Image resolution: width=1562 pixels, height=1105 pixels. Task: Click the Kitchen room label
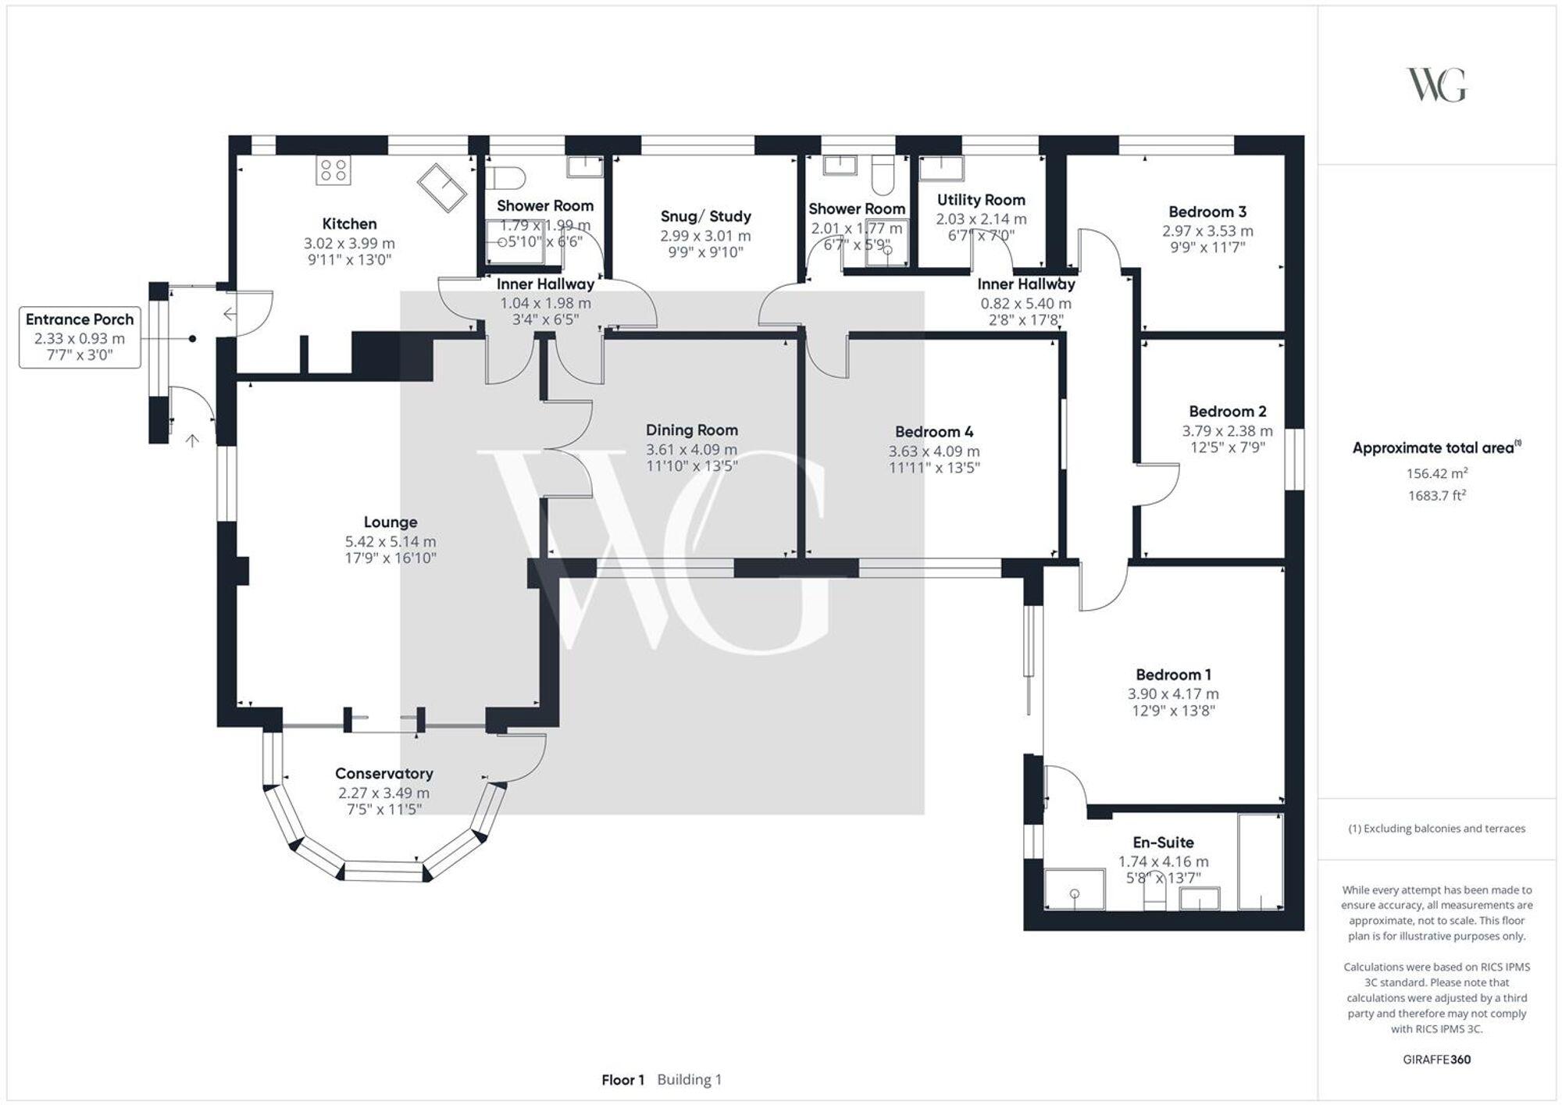coord(349,224)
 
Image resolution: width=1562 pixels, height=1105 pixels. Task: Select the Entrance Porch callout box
coord(80,337)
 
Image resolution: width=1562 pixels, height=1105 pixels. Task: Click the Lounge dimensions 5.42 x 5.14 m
coord(390,541)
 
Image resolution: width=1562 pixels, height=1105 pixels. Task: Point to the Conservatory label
coord(383,773)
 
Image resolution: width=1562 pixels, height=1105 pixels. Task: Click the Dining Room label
coord(691,430)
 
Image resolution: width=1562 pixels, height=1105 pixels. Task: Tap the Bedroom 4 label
coord(934,432)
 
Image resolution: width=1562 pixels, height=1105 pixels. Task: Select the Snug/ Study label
coord(705,216)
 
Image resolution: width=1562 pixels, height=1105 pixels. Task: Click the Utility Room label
coord(981,200)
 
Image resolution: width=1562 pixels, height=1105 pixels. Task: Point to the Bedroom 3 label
coord(1207,212)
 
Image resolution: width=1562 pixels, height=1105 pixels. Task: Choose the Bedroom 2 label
coord(1228,411)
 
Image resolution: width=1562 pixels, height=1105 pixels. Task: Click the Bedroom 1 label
coord(1173,674)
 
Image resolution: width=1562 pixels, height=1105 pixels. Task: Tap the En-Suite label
coord(1163,842)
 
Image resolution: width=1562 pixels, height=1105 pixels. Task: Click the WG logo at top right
coord(1436,84)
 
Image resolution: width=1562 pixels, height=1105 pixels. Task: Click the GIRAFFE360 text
coord(1436,1060)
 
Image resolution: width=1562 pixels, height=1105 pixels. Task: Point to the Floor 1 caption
coord(622,1080)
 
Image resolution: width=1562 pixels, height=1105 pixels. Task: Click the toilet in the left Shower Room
coord(506,177)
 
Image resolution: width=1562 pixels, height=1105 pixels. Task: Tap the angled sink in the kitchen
coord(442,187)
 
